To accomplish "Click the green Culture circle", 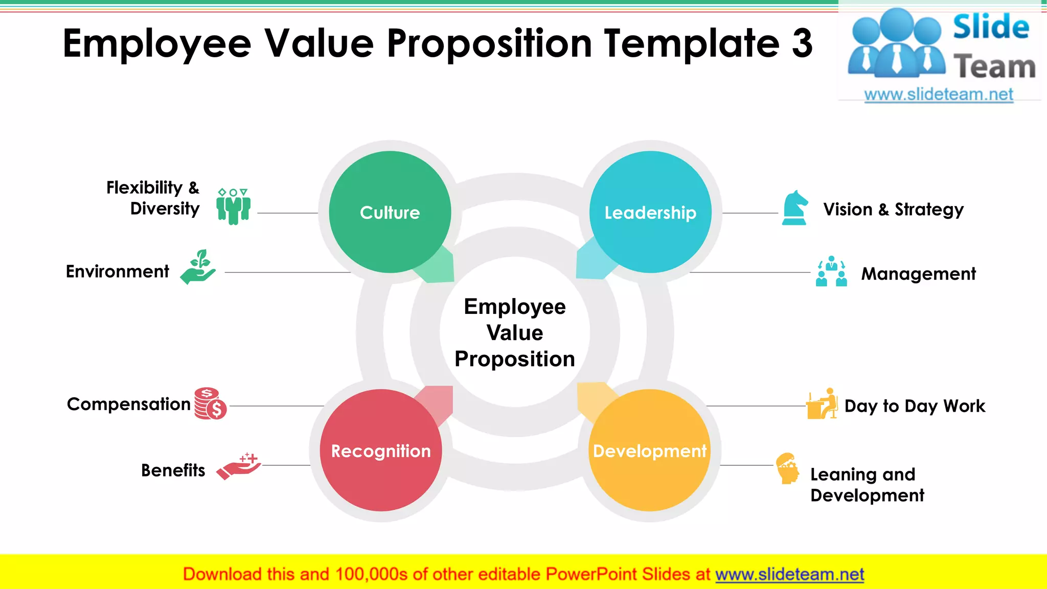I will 390,212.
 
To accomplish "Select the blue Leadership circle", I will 650,212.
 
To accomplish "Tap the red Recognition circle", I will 381,450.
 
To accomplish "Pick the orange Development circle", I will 649,450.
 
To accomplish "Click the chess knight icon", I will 795,208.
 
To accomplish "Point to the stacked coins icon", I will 210,403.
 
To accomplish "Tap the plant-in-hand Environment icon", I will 198,267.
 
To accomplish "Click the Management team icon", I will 831,271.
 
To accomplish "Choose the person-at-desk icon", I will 822,403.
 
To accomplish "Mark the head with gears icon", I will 788,468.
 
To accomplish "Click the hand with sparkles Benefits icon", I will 239,465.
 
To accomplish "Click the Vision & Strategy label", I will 893,210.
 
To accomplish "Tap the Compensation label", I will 128,404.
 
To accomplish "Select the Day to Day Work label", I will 915,406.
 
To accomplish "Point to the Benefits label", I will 173,470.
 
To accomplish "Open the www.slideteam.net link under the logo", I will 938,94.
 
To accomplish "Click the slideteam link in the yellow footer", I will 789,574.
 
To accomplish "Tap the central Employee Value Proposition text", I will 515,332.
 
